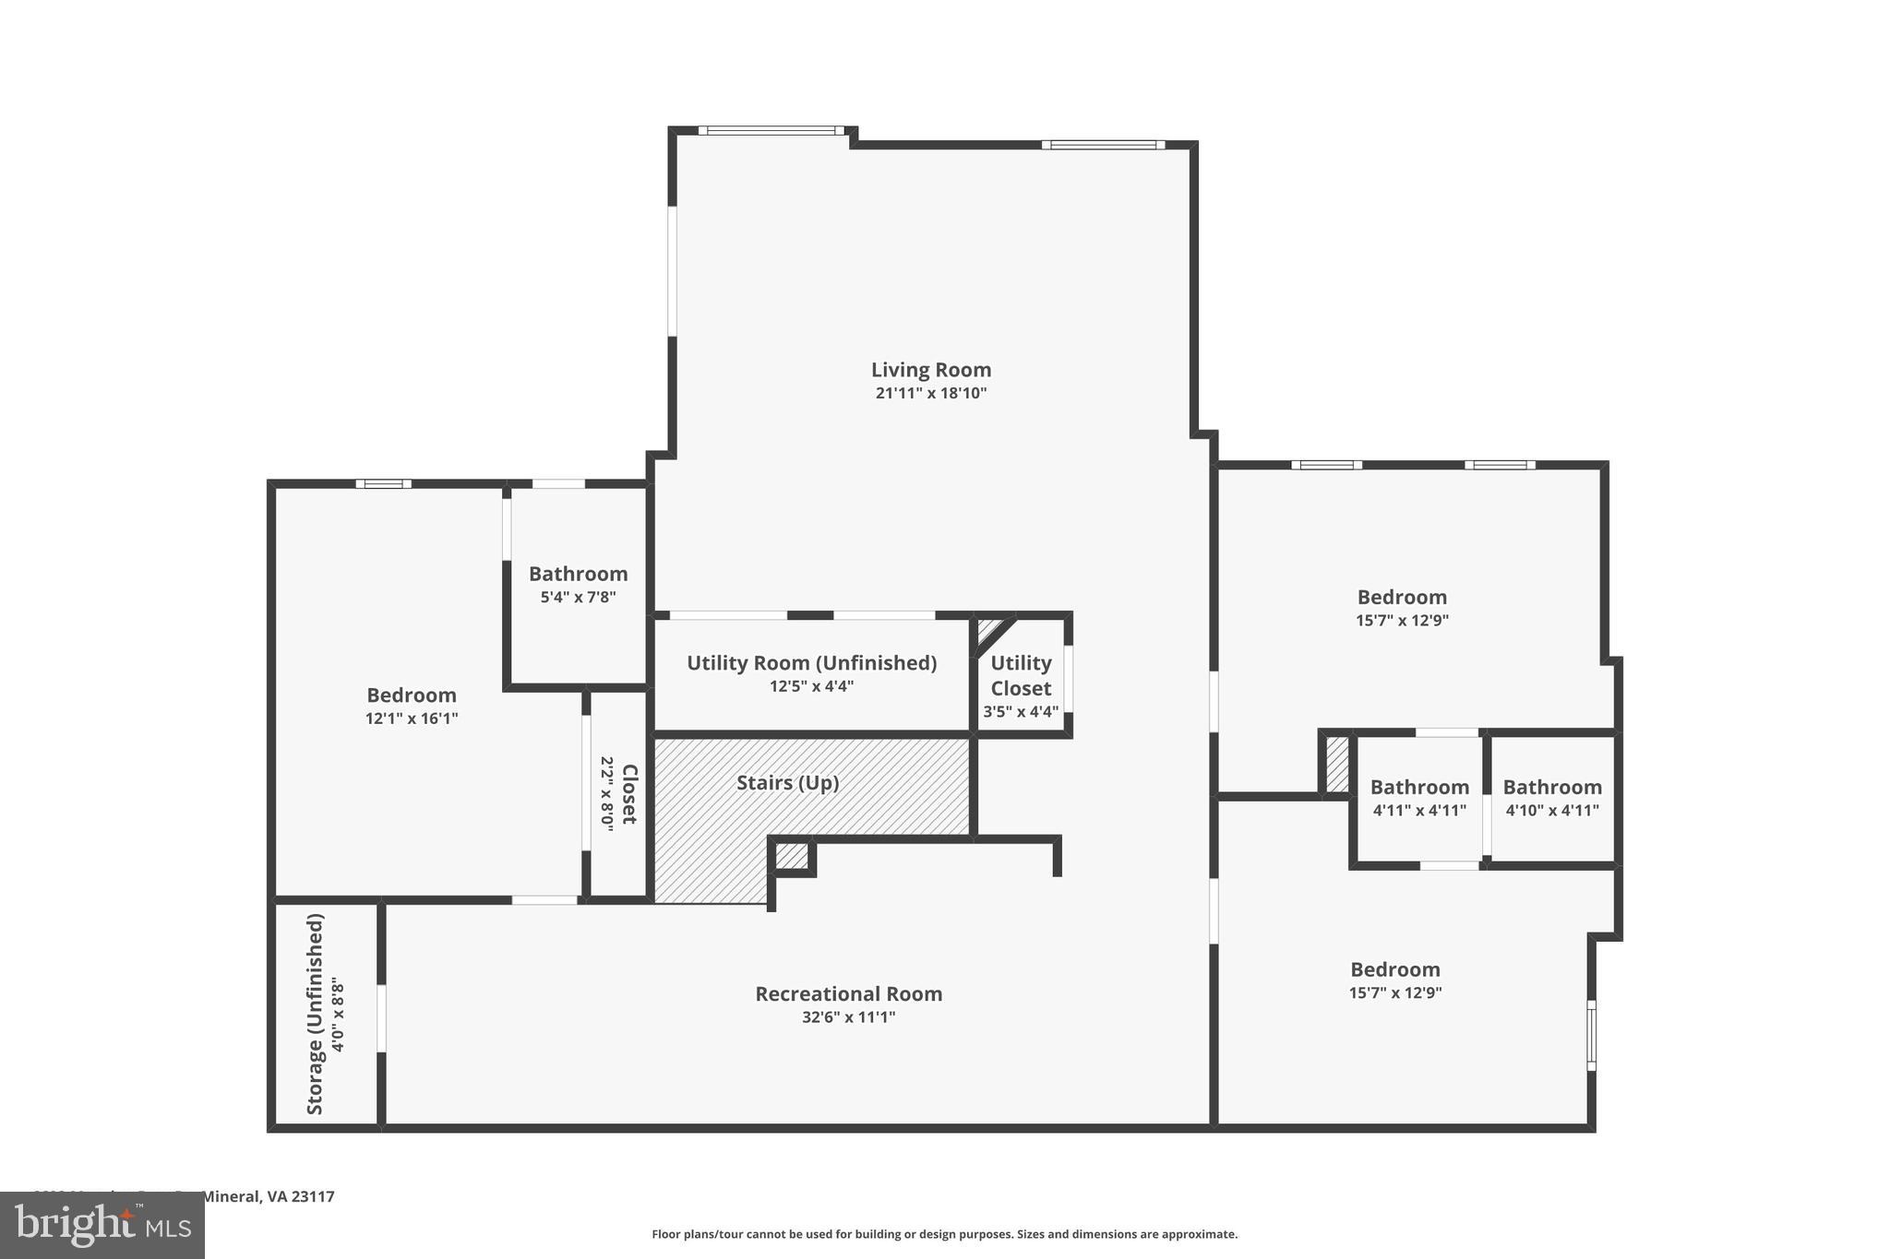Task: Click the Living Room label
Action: pyautogui.click(x=931, y=370)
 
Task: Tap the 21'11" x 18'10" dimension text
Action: pyautogui.click(x=931, y=394)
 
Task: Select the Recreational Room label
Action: pyautogui.click(x=848, y=994)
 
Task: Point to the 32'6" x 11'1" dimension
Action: pyautogui.click(x=848, y=1017)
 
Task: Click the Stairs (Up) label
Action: pyautogui.click(x=787, y=783)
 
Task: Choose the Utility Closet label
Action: pyautogui.click(x=1021, y=676)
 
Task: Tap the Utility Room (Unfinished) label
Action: pyautogui.click(x=811, y=663)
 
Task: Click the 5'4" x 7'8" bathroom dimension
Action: pyautogui.click(x=578, y=597)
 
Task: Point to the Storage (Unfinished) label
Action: pyautogui.click(x=316, y=1014)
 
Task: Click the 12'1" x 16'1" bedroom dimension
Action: pyautogui.click(x=412, y=719)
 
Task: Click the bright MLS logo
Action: pyautogui.click(x=102, y=1226)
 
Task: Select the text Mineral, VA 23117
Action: pyautogui.click(x=268, y=1196)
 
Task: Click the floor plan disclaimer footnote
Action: pyautogui.click(x=944, y=1234)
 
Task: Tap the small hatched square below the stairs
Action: pyautogui.click(x=792, y=856)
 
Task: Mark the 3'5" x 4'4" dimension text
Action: pyautogui.click(x=1021, y=712)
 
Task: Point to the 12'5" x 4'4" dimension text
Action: pyautogui.click(x=811, y=686)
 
